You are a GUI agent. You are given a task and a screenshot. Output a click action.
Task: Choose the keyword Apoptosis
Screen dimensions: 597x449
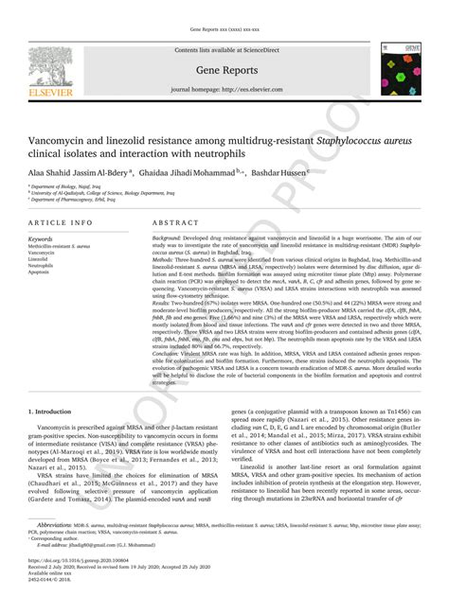42,273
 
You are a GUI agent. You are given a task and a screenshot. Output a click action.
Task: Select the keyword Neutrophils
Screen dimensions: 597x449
44,267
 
